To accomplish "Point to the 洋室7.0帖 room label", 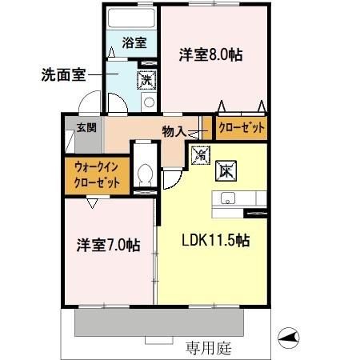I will [108, 245].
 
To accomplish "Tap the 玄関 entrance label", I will [86, 127].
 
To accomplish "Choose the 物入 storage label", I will [174, 130].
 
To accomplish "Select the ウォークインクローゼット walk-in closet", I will [96, 174].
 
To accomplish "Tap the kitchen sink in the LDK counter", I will [225, 200].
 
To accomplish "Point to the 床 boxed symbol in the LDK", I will [225, 169].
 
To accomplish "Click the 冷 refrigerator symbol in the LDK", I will [200, 150].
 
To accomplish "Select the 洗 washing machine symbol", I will [146, 79].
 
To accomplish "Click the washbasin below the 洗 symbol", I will [148, 102].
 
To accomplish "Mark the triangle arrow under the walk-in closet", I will [94, 203].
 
